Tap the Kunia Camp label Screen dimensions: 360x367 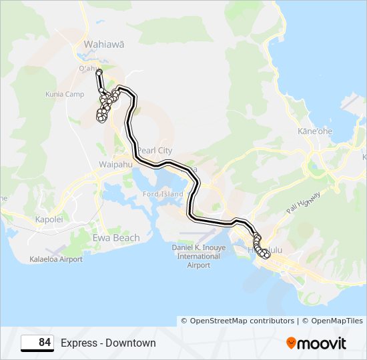[64, 95]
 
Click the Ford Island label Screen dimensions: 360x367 [159, 194]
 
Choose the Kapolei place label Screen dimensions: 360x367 [48, 219]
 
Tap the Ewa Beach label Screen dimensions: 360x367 [116, 238]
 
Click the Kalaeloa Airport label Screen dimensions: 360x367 [55, 259]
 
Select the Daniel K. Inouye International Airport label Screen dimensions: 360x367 [194, 256]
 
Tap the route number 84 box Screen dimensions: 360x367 [37, 343]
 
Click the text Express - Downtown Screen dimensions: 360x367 [108, 343]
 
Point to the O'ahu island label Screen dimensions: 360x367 [89, 68]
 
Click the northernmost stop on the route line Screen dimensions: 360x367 [99, 72]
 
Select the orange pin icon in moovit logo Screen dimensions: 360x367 [291, 343]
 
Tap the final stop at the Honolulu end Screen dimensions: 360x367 [268, 255]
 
